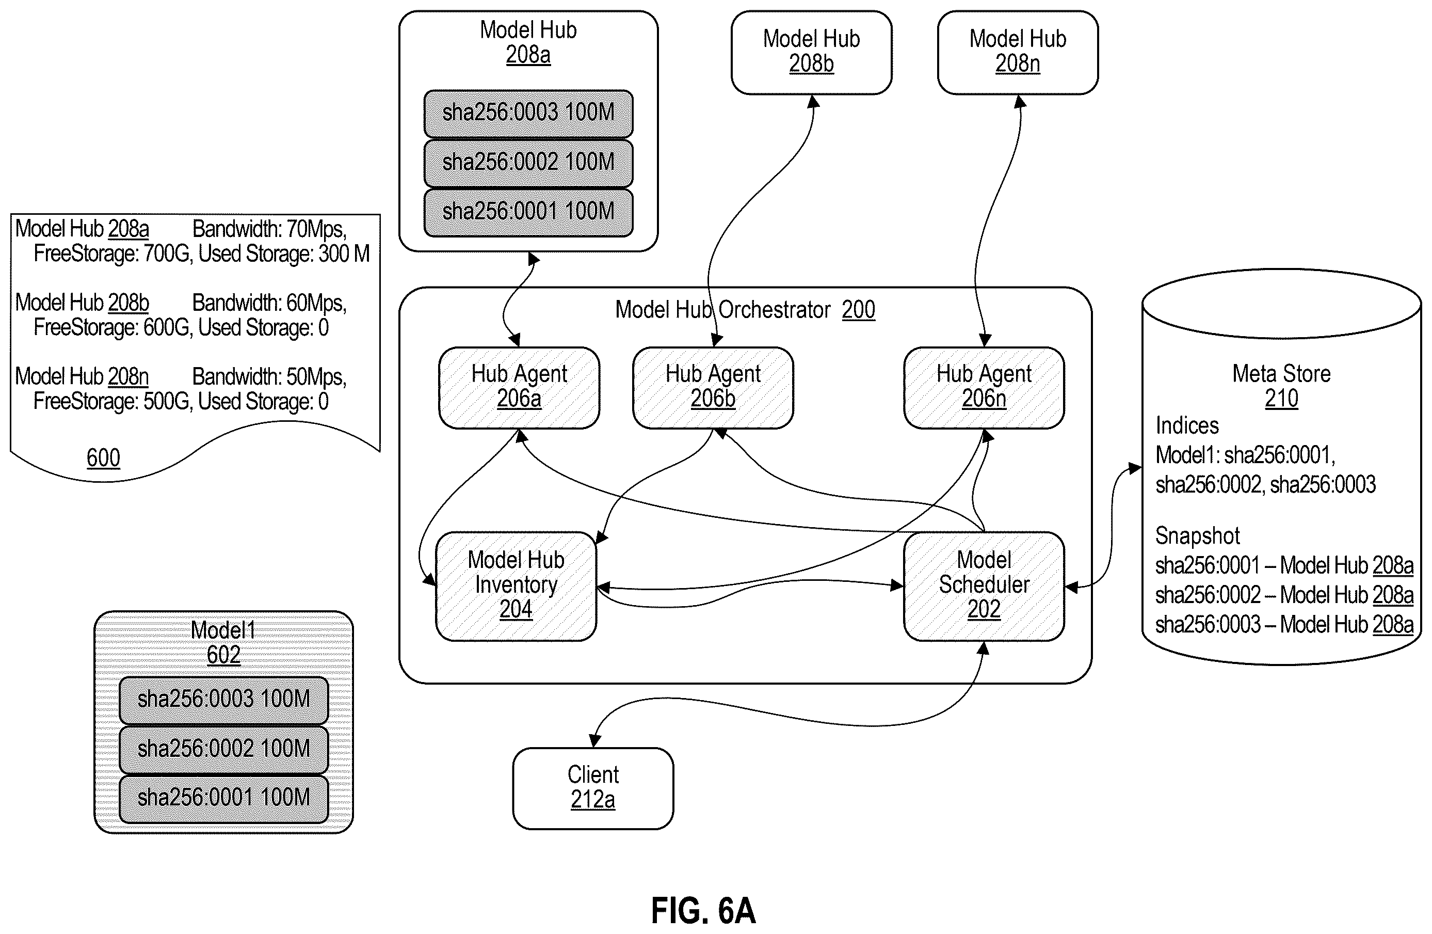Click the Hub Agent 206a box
[519, 388]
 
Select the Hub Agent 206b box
[713, 388]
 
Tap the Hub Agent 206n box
[984, 388]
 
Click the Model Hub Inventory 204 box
[516, 586]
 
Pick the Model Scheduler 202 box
[984, 586]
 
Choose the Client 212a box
[592, 788]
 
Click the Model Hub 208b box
[811, 52]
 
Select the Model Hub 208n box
[1018, 52]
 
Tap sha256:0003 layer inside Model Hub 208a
[528, 114]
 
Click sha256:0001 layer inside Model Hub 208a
[528, 212]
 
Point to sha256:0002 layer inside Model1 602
[223, 749]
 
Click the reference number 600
[104, 458]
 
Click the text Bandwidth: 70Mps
[269, 229]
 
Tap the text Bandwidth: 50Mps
[269, 377]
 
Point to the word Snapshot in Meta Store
[1197, 535]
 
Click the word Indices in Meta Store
[1187, 425]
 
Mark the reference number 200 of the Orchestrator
[858, 310]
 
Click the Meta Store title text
[1282, 374]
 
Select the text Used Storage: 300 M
[284, 254]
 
